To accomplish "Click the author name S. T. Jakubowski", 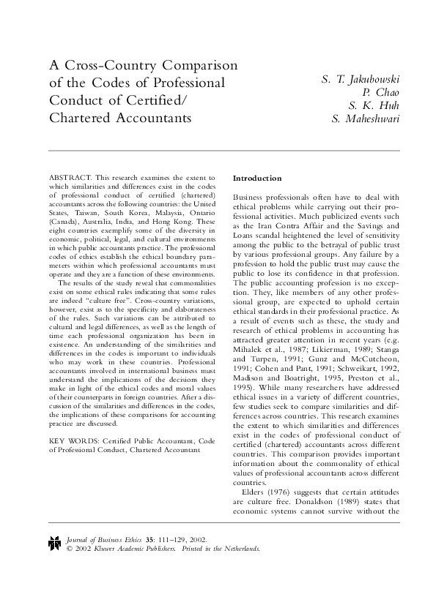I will coord(361,79).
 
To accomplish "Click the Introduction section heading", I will coord(256,179).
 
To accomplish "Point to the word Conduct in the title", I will coord(78,100).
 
